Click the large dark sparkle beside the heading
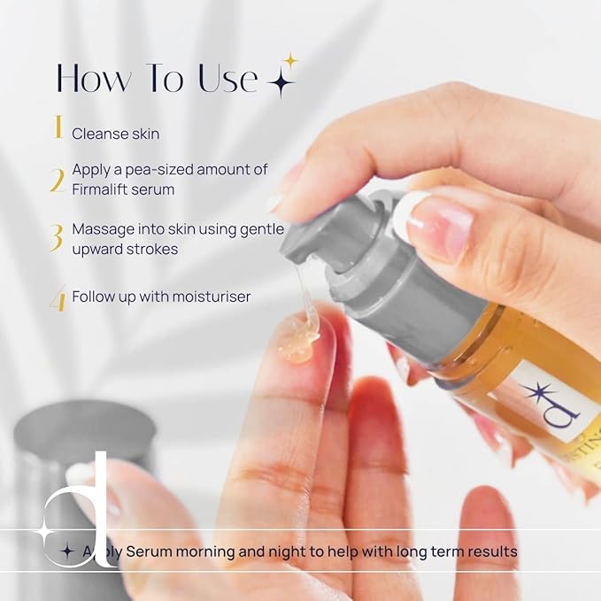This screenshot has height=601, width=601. coord(281,82)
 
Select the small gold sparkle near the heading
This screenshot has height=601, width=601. coord(289,60)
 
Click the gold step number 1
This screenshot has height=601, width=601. coord(58,129)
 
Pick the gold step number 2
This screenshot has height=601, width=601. coord(58,181)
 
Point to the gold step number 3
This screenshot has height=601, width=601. coord(57,237)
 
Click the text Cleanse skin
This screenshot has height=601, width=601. coord(116,134)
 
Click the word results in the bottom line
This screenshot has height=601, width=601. coord(490,551)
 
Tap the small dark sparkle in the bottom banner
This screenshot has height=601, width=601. coord(66,551)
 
